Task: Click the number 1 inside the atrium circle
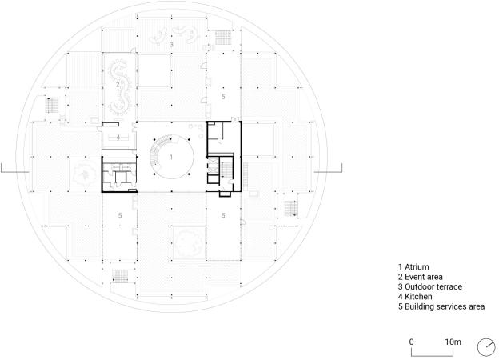tap(171, 158)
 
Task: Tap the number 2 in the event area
tap(118, 85)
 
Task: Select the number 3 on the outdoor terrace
tap(171, 44)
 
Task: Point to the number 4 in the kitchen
tap(118, 138)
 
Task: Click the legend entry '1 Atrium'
tap(413, 266)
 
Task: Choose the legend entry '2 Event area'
tap(420, 277)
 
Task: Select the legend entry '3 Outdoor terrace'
tap(430, 286)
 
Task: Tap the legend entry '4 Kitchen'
tap(415, 297)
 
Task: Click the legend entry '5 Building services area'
tap(441, 306)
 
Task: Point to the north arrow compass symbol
tap(486, 347)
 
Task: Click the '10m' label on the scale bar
tap(453, 342)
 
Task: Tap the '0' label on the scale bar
tap(412, 342)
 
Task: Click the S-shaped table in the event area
tap(119, 86)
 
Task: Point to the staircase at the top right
tap(224, 38)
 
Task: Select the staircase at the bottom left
tap(120, 276)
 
